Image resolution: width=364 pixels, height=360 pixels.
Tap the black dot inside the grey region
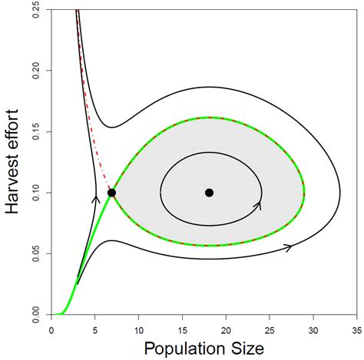[209, 193]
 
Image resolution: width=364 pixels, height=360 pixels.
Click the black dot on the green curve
[112, 193]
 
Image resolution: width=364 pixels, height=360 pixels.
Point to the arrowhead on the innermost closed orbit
[258, 205]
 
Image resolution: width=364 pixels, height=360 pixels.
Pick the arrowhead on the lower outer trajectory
[289, 247]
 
